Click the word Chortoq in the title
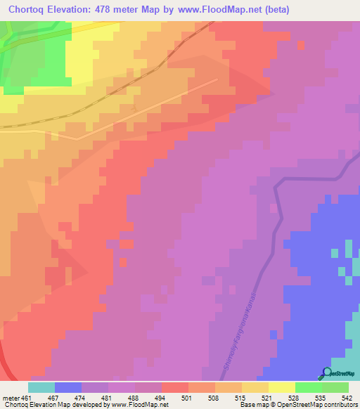28,9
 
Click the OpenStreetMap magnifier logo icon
327,372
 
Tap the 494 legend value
162,397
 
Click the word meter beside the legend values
11,397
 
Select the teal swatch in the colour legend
41,387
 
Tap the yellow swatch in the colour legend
282,387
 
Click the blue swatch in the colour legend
68,387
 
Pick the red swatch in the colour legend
175,387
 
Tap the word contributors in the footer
338,405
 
